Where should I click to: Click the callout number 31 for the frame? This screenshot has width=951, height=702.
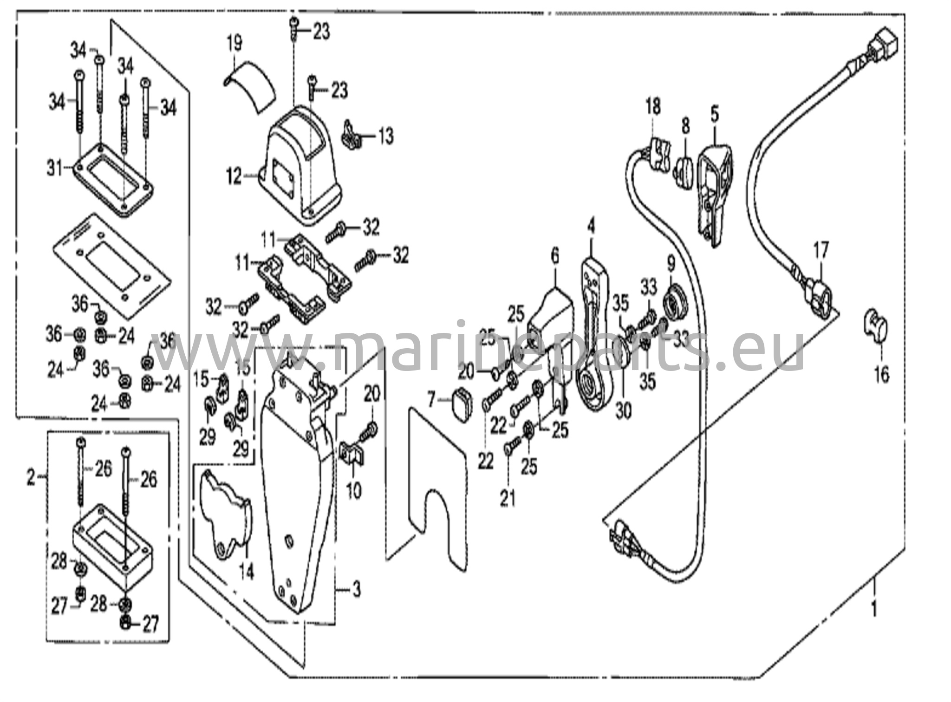(54, 168)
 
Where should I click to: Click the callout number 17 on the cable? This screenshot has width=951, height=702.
(821, 251)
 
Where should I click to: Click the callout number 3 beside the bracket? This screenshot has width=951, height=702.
(356, 591)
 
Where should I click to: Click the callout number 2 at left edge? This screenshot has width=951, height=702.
(31, 477)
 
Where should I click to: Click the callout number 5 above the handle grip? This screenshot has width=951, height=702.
(714, 114)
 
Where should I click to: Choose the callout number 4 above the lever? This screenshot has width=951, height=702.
(591, 227)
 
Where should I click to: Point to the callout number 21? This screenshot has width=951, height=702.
(508, 499)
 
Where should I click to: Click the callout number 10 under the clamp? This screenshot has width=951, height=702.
(354, 490)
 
